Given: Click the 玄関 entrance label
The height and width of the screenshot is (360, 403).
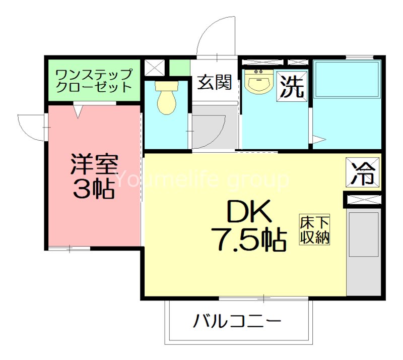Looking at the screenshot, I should (214, 82).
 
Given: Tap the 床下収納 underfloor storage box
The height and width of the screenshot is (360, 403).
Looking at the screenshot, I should (315, 230).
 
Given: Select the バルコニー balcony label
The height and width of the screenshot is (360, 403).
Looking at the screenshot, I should (237, 321).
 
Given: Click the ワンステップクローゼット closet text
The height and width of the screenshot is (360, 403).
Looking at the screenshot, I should (94, 80).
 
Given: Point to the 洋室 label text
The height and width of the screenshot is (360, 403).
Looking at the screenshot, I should (94, 164).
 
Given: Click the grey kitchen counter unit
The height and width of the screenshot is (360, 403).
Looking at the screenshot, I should (363, 252).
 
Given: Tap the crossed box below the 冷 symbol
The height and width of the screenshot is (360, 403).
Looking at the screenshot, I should (363, 199).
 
